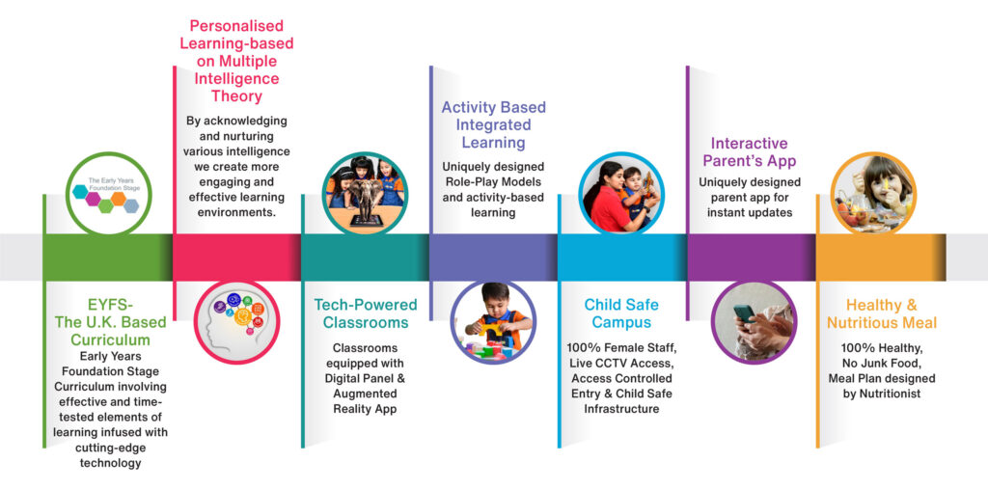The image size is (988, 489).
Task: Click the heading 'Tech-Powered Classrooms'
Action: (x=366, y=313)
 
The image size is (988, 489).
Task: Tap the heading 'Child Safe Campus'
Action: (x=617, y=313)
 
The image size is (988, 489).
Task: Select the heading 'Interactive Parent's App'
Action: (x=749, y=151)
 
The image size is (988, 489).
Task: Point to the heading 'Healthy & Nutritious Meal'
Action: (x=882, y=313)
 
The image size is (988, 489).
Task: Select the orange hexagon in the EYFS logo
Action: (x=118, y=197)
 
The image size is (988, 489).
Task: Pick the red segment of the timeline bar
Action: (x=236, y=258)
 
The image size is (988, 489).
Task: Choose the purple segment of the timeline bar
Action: (x=751, y=258)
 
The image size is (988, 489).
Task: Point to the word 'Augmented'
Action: (x=365, y=394)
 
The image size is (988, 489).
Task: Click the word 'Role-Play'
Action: (x=467, y=182)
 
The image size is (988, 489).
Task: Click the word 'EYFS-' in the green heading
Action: (x=110, y=306)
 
